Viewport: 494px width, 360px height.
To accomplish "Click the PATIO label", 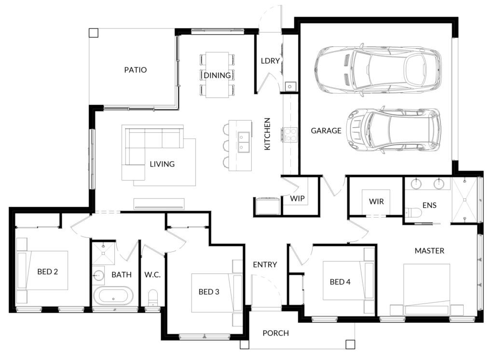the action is coord(136,69).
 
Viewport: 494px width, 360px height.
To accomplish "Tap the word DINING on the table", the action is coord(217,75).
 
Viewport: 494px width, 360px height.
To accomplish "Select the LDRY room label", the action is coord(270,61).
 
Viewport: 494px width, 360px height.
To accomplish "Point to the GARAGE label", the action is coord(326,130).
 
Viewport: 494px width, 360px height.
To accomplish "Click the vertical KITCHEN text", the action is coord(267,134).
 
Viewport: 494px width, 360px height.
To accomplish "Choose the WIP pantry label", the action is coord(297,198).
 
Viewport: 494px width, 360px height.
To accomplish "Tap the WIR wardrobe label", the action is coord(376,201).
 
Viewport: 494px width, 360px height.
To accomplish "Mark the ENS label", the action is coord(429,206).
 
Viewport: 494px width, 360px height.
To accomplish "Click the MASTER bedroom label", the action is coord(429,251).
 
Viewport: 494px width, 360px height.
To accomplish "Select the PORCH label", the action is coord(275,333).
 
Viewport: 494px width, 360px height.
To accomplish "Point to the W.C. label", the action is coord(152,275).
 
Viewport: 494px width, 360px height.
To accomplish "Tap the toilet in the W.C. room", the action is coord(152,298).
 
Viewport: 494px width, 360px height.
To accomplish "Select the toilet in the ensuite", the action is coord(413,213).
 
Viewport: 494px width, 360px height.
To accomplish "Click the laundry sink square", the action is coord(290,86).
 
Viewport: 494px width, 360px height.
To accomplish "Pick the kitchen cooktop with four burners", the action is coord(290,135).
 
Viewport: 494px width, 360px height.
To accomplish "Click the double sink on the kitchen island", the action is coord(244,142).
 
